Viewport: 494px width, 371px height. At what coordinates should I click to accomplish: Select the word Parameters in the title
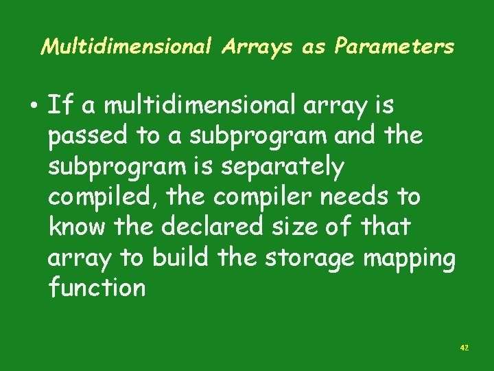tap(394, 46)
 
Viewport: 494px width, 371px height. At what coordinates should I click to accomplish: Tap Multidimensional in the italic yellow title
tap(128, 46)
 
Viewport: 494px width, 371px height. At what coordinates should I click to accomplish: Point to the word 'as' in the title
tap(313, 46)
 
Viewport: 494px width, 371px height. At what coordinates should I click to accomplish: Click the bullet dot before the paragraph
tap(34, 107)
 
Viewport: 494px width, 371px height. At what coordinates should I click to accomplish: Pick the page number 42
tap(464, 348)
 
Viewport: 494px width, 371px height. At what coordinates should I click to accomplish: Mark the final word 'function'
tap(97, 287)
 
